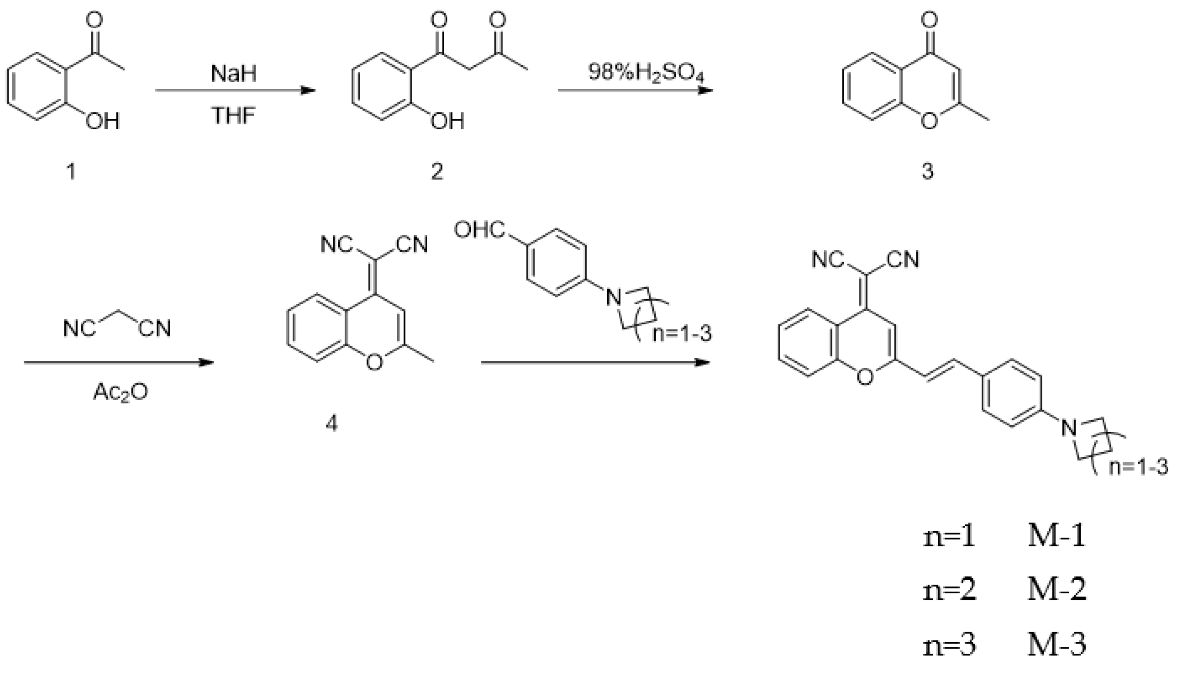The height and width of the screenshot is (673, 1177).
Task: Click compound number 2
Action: coord(436,172)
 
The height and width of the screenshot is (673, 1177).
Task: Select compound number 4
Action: coord(332,423)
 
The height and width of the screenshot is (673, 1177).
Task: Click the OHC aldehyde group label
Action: coord(479,230)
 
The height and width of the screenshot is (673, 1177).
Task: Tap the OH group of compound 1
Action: coord(103,121)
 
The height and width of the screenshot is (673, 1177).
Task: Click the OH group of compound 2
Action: coord(447,121)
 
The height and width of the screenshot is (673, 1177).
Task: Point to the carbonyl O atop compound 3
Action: coord(929,20)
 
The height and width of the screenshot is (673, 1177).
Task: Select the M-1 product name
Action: coord(1056,537)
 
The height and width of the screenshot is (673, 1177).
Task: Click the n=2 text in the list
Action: coord(949,590)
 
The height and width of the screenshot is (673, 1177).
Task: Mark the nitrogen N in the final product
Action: coord(1069,427)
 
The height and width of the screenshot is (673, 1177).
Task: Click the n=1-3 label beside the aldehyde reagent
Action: coord(682,333)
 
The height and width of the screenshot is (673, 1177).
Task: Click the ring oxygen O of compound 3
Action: coord(929,121)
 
